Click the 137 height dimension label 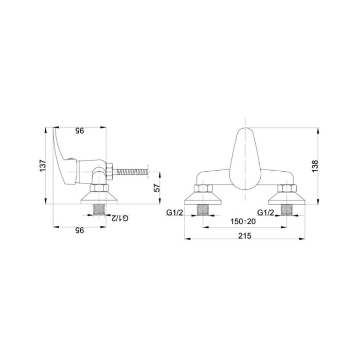point(43,166)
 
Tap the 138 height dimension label point(315,166)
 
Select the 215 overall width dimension point(245,236)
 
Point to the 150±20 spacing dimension point(243,222)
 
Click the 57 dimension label point(157,188)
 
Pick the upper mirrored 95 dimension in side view point(80,131)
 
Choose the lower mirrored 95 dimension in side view point(80,230)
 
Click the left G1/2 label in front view point(175,213)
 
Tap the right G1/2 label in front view point(266,213)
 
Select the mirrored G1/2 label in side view point(120,218)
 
